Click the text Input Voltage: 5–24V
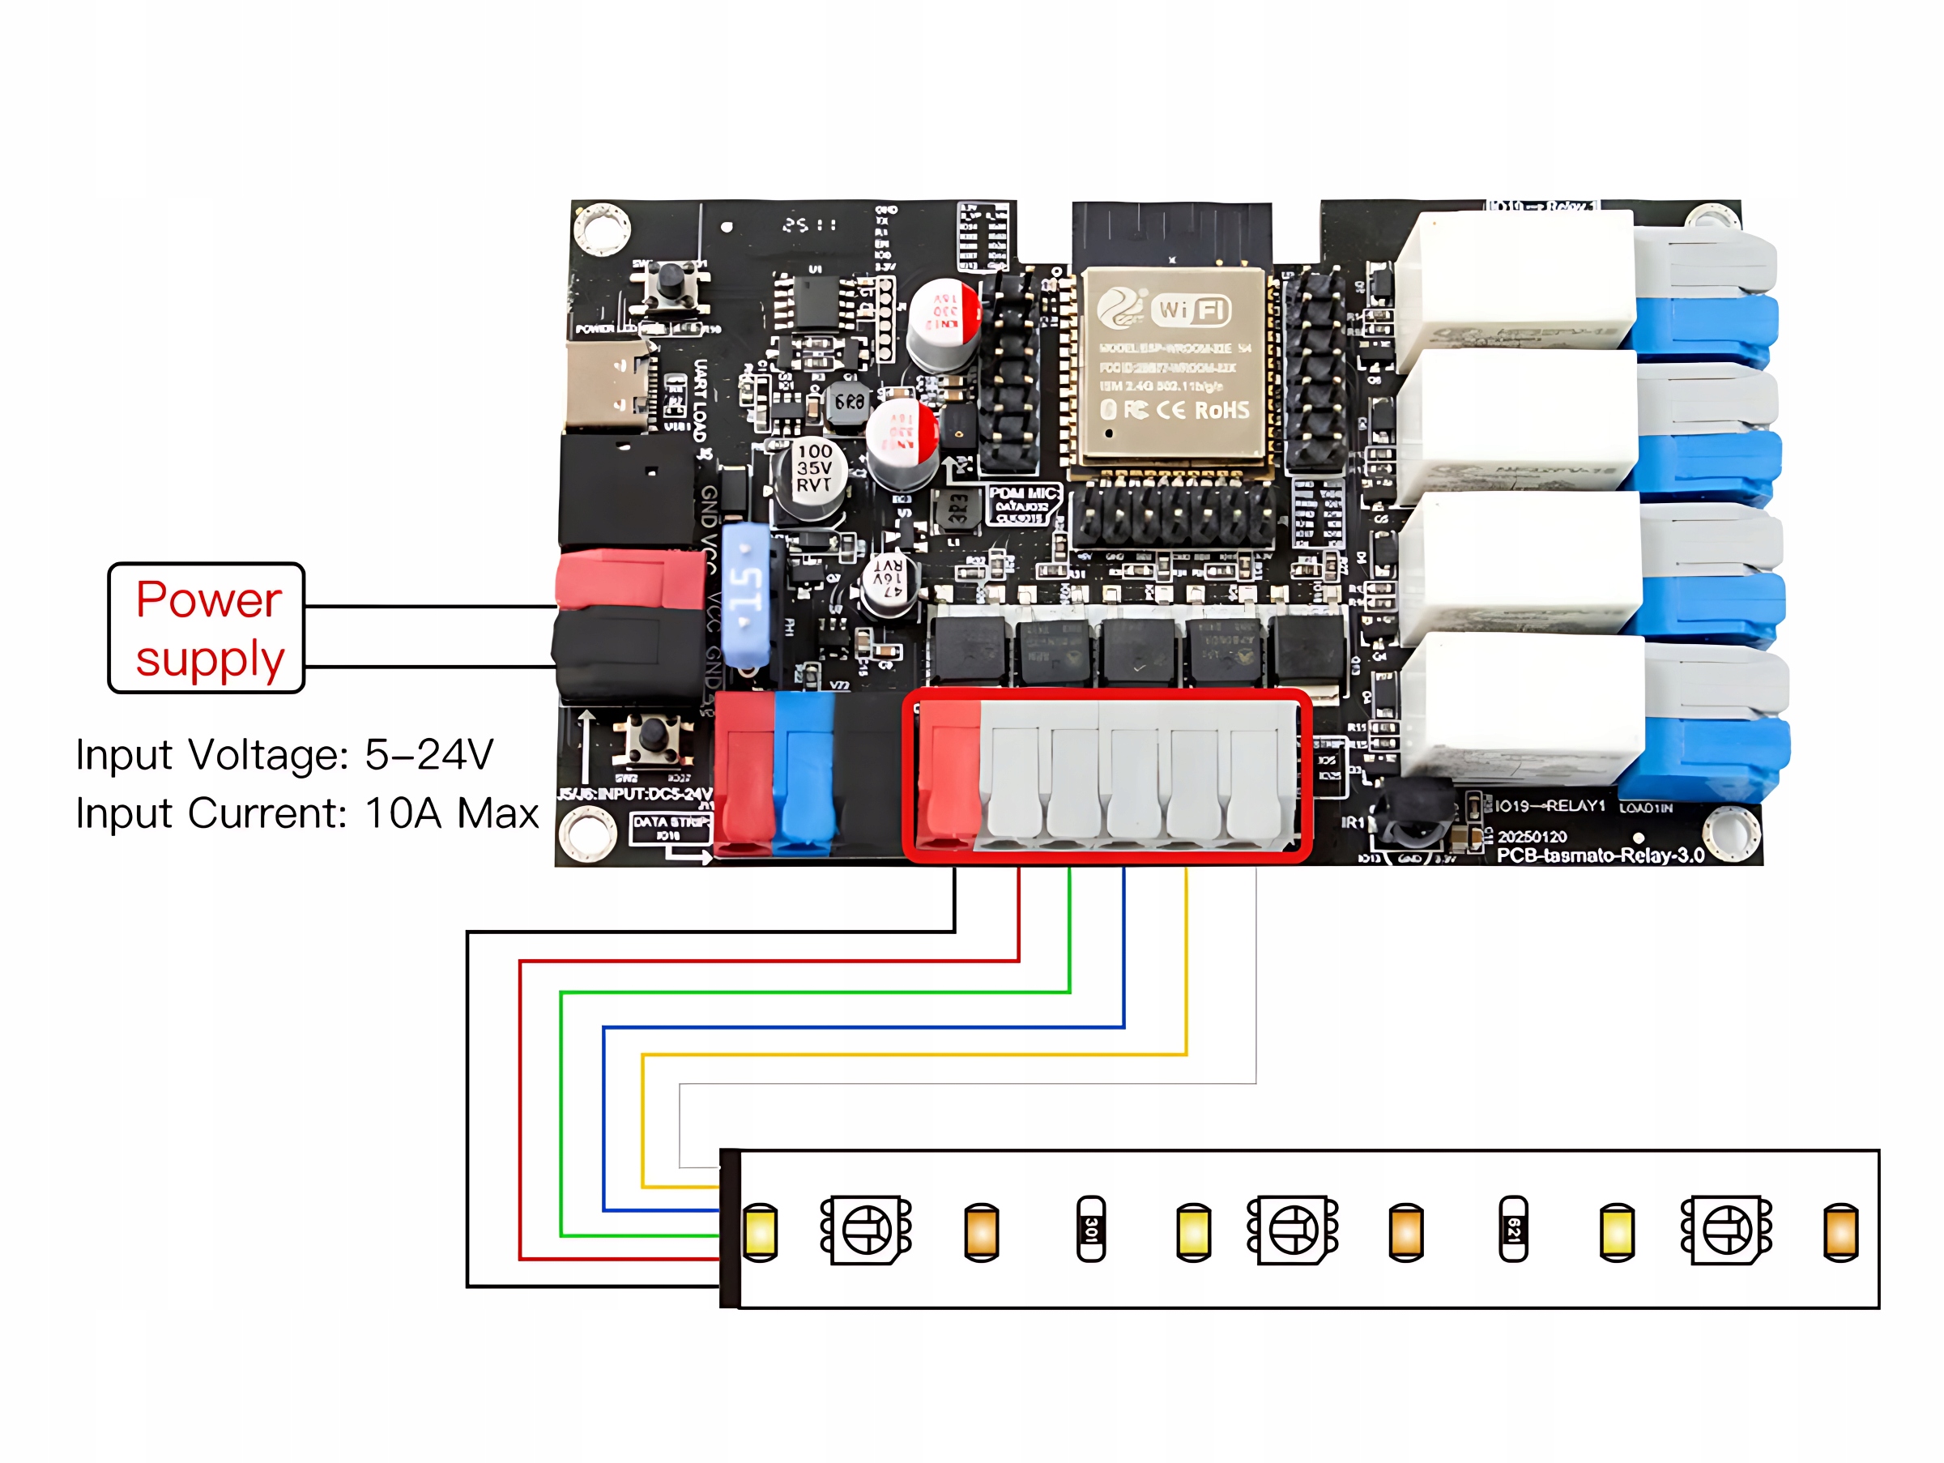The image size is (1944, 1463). [x=283, y=755]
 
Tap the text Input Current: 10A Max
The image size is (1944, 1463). [x=307, y=813]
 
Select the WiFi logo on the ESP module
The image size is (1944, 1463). [x=1192, y=309]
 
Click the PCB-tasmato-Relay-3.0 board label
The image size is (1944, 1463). [x=1601, y=855]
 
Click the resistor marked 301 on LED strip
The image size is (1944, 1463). [x=1090, y=1228]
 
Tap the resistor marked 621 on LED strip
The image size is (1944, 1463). [x=1513, y=1228]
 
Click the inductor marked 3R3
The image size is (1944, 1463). [x=958, y=510]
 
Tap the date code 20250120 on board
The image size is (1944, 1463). [x=1532, y=837]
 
